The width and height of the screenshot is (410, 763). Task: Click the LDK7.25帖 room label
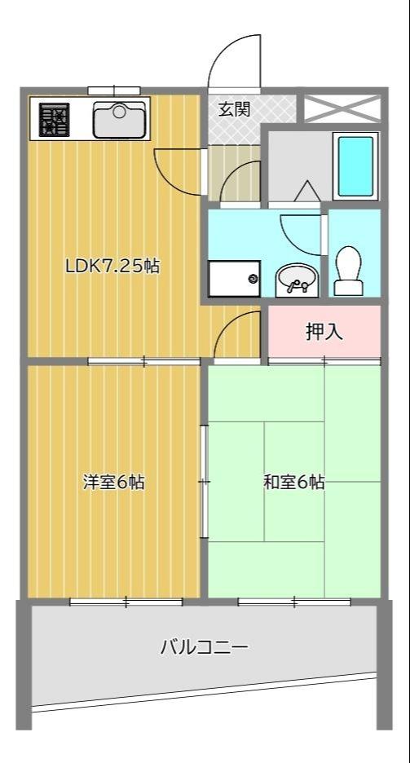tap(112, 265)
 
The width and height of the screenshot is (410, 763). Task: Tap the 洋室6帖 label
tap(114, 482)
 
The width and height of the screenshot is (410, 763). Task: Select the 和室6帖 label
tap(293, 482)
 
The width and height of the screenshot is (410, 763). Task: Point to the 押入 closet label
tap(324, 332)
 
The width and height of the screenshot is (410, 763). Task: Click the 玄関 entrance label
tap(234, 108)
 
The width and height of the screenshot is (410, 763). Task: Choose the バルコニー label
tap(203, 648)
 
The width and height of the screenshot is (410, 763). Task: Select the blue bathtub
tap(355, 165)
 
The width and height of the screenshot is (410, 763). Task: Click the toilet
tap(349, 270)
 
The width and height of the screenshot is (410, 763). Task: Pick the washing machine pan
tap(234, 279)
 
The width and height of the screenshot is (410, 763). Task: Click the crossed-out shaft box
tap(342, 108)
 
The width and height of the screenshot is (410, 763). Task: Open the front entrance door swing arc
tap(235, 61)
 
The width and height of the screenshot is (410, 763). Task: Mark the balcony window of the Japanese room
tap(294, 602)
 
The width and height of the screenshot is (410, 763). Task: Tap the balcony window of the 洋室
tap(126, 602)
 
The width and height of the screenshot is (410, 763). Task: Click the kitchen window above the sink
tap(114, 90)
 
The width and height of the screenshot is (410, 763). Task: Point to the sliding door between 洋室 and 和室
tap(204, 481)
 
